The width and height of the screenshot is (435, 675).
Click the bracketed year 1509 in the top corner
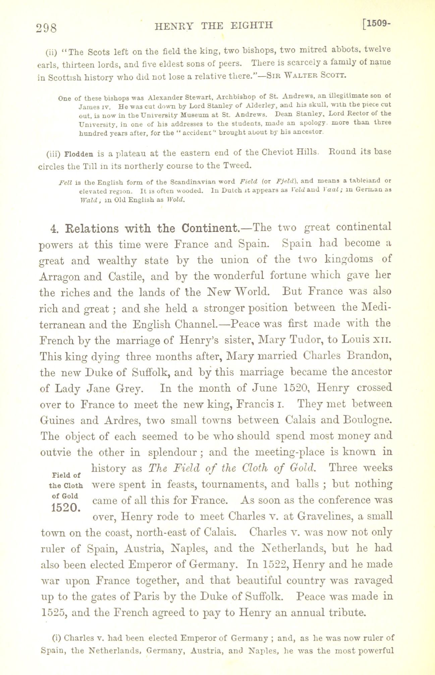379,24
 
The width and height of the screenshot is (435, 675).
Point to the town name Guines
56,420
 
